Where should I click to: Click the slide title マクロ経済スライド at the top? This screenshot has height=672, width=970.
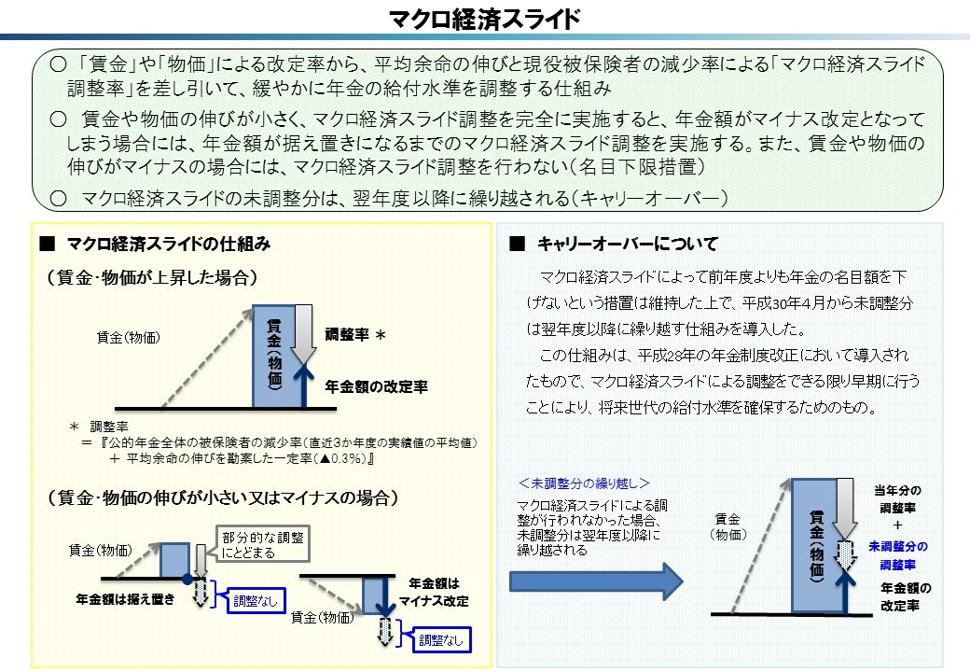click(x=484, y=18)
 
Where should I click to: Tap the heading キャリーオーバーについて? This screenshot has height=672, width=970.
click(x=627, y=245)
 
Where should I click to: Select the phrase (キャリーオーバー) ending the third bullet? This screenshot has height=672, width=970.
click(x=648, y=198)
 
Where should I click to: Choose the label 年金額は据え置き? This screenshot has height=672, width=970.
click(x=125, y=599)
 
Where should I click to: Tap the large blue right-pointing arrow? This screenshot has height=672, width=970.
click(x=597, y=581)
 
